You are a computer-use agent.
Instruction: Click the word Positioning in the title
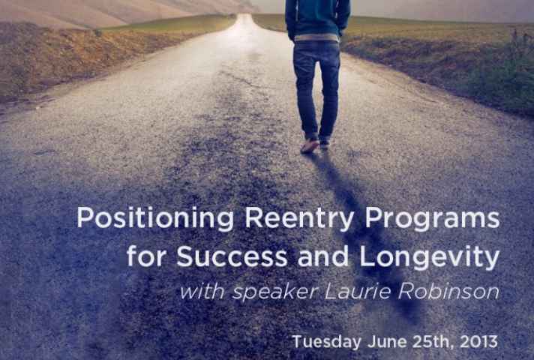point(155,218)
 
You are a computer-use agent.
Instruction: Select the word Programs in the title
point(433,218)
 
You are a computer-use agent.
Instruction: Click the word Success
point(232,256)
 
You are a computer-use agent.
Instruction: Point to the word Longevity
point(430,257)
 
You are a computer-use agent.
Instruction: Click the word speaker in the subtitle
point(275,292)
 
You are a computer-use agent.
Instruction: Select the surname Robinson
point(448,291)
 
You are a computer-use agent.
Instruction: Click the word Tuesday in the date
point(326,341)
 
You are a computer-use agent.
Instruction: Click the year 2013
point(478,341)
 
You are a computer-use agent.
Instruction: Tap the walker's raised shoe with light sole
point(310,145)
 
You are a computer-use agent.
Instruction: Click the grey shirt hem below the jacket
point(316,37)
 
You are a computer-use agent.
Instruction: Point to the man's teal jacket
point(317,17)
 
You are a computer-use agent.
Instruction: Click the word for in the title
point(148,256)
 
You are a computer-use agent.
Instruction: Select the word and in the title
point(323,256)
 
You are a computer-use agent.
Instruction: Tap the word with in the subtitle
point(202,292)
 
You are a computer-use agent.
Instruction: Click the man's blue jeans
point(316,88)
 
